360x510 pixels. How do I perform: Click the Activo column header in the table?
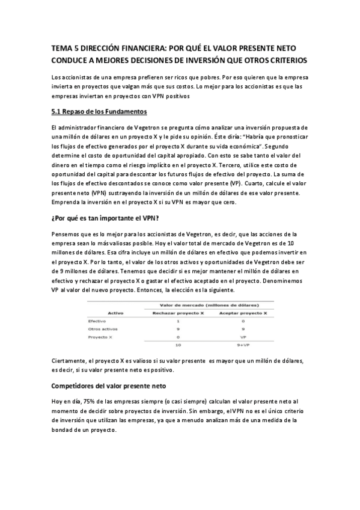(x=115, y=313)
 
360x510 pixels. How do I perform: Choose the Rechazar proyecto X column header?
(x=177, y=313)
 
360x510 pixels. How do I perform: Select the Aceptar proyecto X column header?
(x=243, y=313)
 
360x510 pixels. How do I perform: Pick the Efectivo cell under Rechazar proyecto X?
(x=178, y=322)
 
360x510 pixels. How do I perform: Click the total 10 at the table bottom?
(x=178, y=346)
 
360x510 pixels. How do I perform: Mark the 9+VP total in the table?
(x=243, y=346)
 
